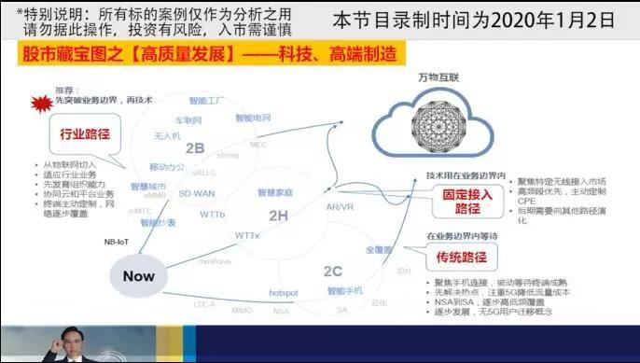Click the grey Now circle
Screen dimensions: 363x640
(138, 276)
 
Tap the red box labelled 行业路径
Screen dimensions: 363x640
(85, 133)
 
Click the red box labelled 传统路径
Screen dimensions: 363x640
(460, 256)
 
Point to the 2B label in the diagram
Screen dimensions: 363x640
(195, 147)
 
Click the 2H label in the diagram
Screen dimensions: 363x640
(279, 216)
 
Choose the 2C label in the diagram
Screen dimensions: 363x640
(333, 271)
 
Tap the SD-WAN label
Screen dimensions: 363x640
(196, 193)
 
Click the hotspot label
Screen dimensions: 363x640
(283, 292)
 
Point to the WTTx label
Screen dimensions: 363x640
(247, 234)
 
